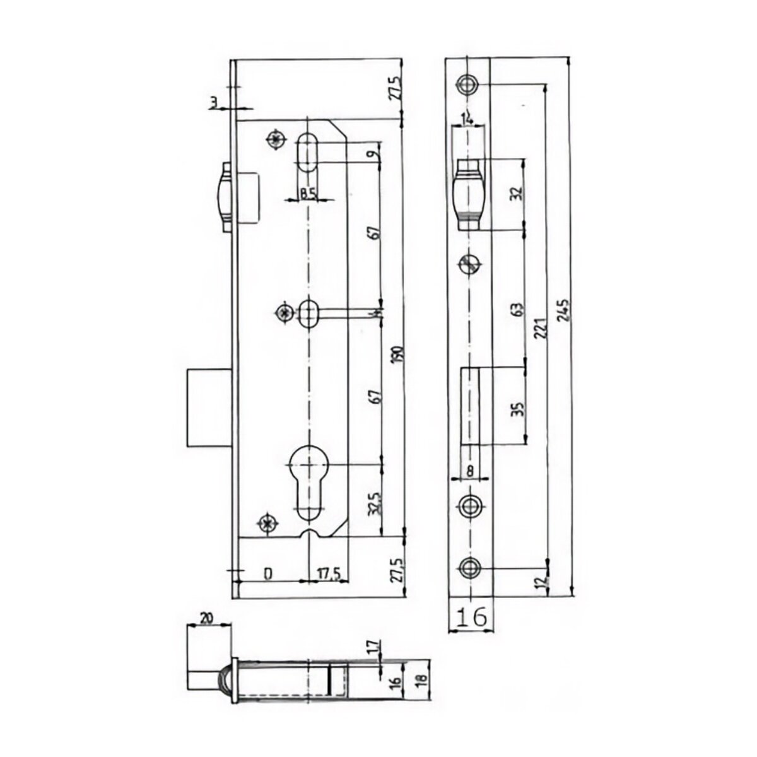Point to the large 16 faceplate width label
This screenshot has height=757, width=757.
coord(471,616)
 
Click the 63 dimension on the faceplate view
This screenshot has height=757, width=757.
coord(517,310)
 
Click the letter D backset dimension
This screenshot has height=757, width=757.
coord(267,574)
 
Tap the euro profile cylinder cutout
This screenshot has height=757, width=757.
coord(307,476)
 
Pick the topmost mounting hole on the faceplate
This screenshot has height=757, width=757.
coord(467,85)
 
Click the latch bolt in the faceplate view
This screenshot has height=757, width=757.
coord(467,194)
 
